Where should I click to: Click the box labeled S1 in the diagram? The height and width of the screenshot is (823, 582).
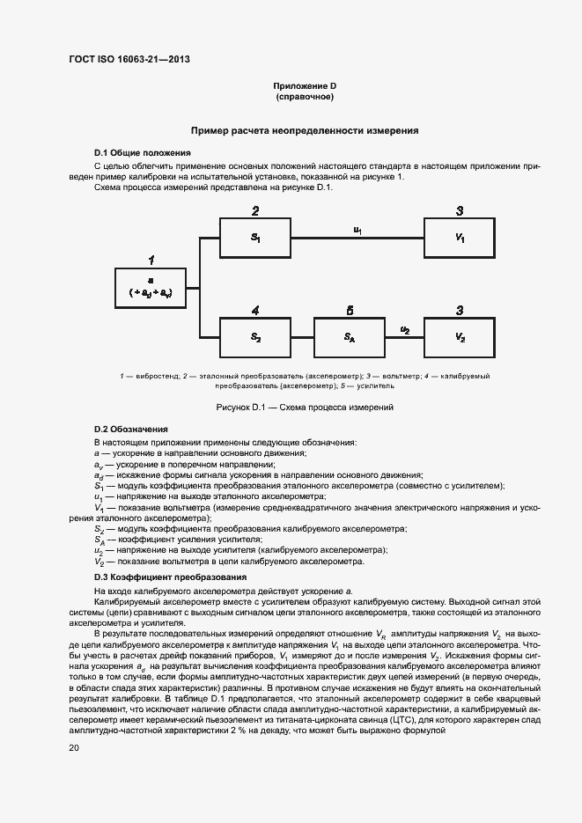255,238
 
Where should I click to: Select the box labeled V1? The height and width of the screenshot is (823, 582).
460,238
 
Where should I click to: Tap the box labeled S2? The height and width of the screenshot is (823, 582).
255,336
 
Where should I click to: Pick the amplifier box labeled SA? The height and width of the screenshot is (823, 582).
350,336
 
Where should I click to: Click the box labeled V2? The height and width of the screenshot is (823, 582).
460,336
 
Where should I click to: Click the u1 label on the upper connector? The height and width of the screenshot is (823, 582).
357,230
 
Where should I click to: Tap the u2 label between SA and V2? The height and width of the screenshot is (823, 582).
405,329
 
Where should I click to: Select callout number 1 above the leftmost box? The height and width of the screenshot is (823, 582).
151,261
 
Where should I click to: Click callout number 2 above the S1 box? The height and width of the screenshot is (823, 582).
255,211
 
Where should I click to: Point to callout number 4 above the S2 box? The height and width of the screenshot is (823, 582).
255,311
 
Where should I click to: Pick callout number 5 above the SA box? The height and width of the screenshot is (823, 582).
350,311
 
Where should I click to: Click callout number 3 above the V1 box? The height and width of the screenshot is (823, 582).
460,211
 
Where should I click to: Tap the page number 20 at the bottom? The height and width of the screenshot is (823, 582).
74,747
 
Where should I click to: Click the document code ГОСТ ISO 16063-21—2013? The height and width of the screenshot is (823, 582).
129,60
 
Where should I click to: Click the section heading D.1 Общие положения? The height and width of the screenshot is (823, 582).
142,152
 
